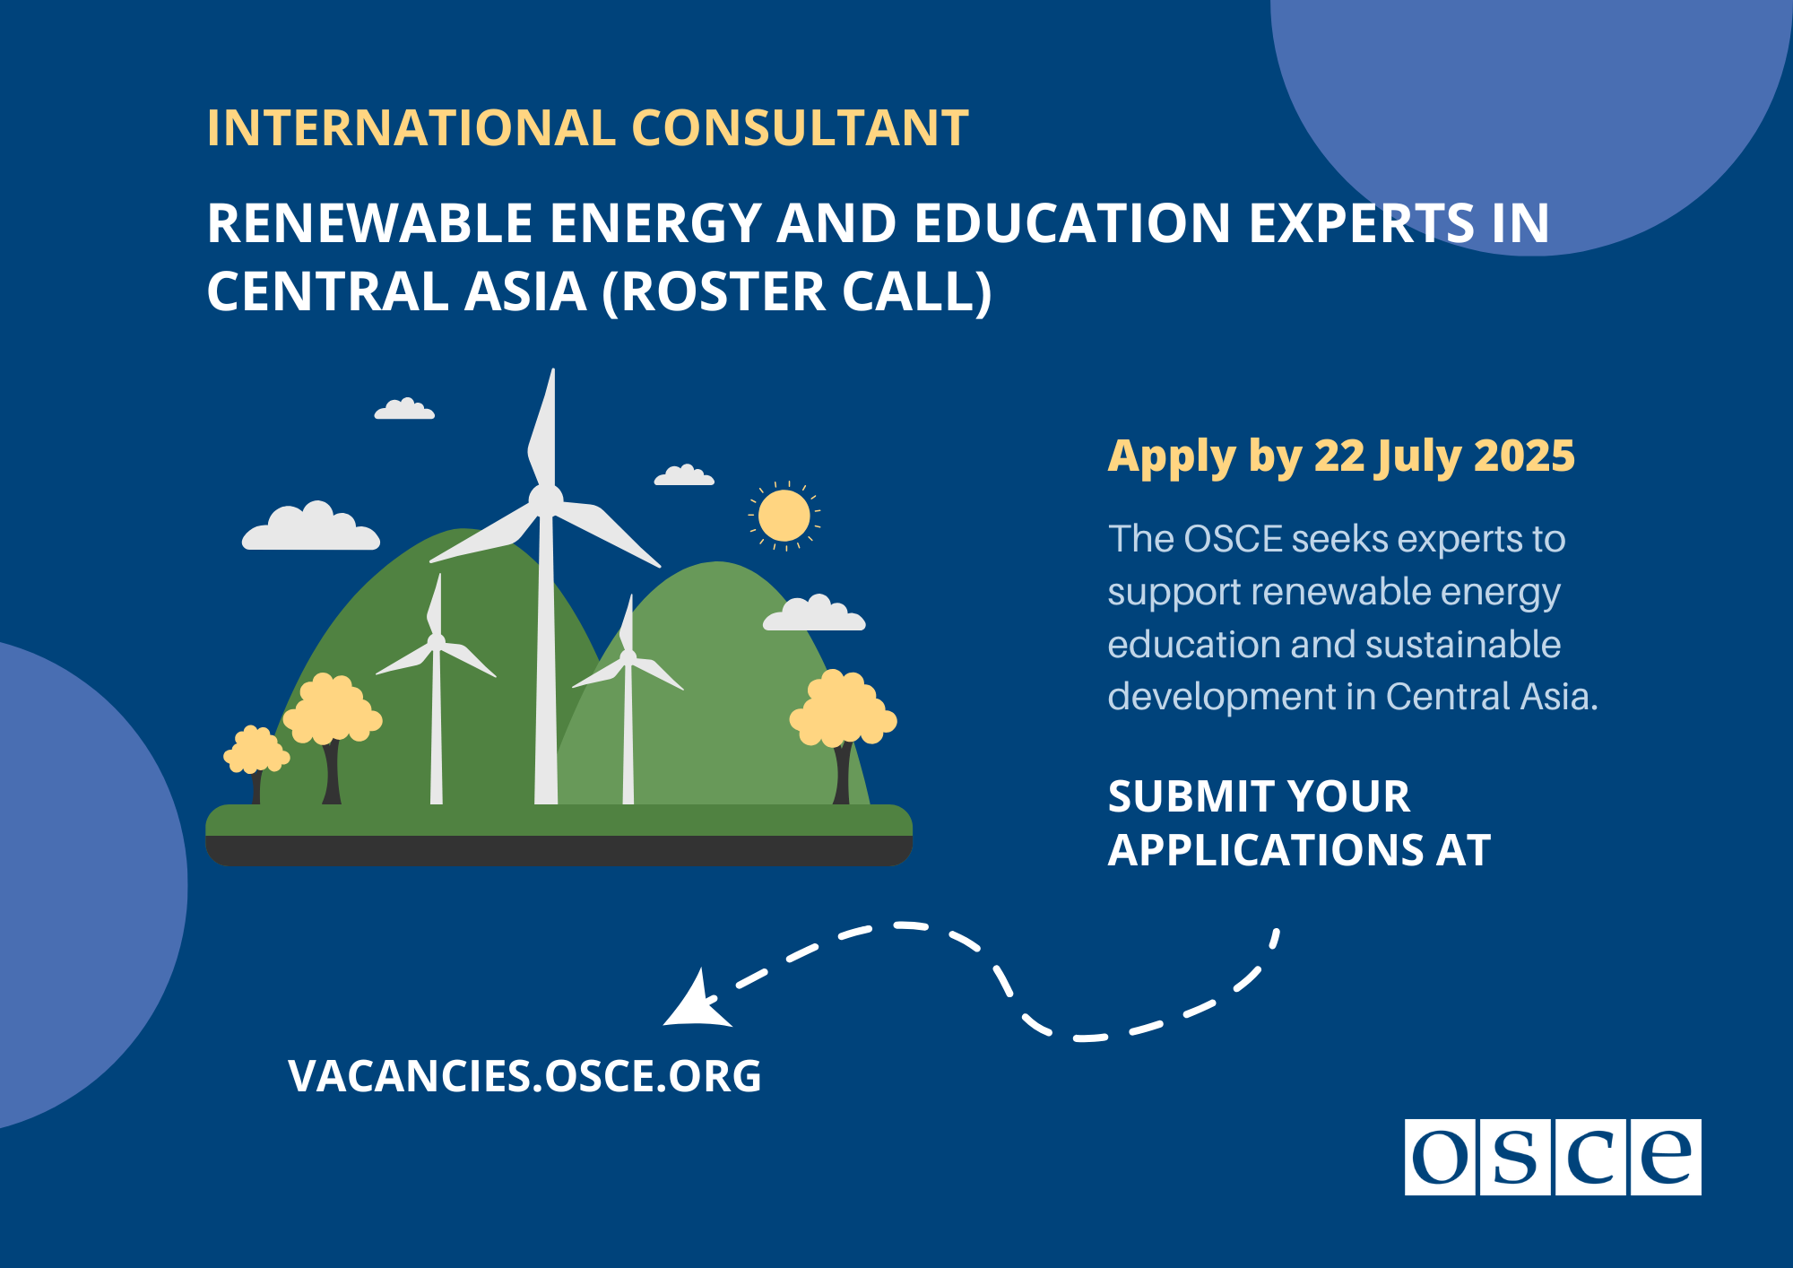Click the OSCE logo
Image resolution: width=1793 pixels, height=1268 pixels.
click(1552, 1156)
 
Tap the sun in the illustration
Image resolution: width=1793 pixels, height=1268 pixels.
click(784, 516)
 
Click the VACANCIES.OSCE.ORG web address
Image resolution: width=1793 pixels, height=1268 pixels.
click(524, 1076)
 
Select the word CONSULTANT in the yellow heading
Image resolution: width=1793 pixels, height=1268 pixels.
click(801, 127)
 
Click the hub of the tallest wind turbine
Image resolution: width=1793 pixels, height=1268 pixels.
click(545, 498)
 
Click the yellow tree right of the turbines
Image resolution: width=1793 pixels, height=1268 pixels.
click(841, 708)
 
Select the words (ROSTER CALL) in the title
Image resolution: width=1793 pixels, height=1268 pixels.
click(797, 291)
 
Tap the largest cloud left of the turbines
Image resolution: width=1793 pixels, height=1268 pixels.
click(311, 528)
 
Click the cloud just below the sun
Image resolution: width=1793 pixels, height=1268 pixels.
click(814, 613)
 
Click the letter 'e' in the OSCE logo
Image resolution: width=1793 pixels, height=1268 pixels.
click(1666, 1157)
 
